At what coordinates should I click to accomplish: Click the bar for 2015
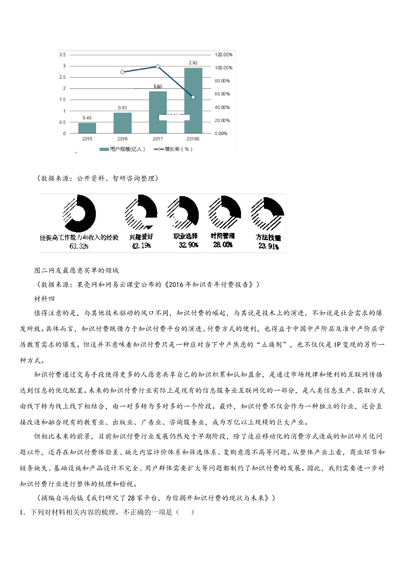[87, 128]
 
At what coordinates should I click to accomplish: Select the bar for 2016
[122, 123]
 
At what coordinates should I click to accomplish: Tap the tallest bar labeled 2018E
[193, 101]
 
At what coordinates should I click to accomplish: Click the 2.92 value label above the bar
[193, 63]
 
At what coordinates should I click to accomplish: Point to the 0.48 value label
[87, 118]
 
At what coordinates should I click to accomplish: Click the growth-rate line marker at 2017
[158, 67]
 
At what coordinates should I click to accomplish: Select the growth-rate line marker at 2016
[122, 72]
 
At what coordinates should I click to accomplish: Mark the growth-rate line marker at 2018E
[193, 97]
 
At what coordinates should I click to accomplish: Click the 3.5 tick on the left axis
[63, 55]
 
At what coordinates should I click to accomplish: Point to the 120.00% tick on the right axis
[224, 55]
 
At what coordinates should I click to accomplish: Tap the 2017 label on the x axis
[158, 139]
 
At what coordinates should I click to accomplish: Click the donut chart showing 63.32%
[80, 214]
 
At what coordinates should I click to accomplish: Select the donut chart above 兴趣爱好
[141, 213]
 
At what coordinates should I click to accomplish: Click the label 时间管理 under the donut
[223, 236]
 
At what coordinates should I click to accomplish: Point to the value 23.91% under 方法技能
[269, 246]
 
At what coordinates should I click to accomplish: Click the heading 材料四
[45, 299]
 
